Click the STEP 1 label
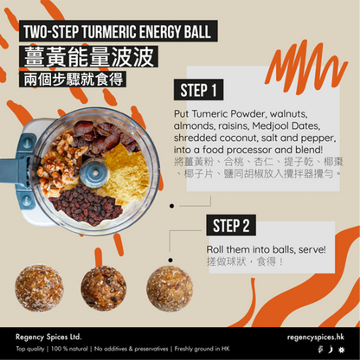click(198, 90)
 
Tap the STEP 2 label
click(231, 225)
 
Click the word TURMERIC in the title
click(110, 31)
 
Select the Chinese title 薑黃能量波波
click(89, 56)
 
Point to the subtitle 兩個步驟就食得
click(73, 79)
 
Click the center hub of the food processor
click(94, 173)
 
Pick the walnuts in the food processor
click(61, 162)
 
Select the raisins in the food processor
click(87, 204)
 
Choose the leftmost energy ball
click(39, 288)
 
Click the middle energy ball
click(104, 288)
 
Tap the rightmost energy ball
click(170, 288)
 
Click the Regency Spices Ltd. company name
click(48, 337)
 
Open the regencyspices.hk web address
click(316, 337)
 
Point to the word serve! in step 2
click(312, 249)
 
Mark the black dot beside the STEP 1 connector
click(172, 206)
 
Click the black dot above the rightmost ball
click(170, 260)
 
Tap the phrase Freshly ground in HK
click(202, 349)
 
